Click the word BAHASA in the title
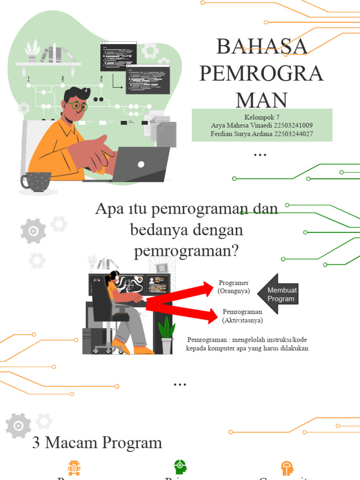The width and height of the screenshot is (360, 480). [262, 46]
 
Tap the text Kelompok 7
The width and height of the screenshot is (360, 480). [262, 117]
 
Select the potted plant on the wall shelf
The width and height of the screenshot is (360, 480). [32, 52]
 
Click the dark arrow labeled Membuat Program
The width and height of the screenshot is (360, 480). [279, 294]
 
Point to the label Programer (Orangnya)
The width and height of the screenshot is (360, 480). [233, 287]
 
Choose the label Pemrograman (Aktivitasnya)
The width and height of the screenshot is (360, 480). [242, 316]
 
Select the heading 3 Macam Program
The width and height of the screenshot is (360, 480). [97, 442]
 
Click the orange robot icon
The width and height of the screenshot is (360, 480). [74, 467]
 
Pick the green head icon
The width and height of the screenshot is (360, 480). [180, 467]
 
